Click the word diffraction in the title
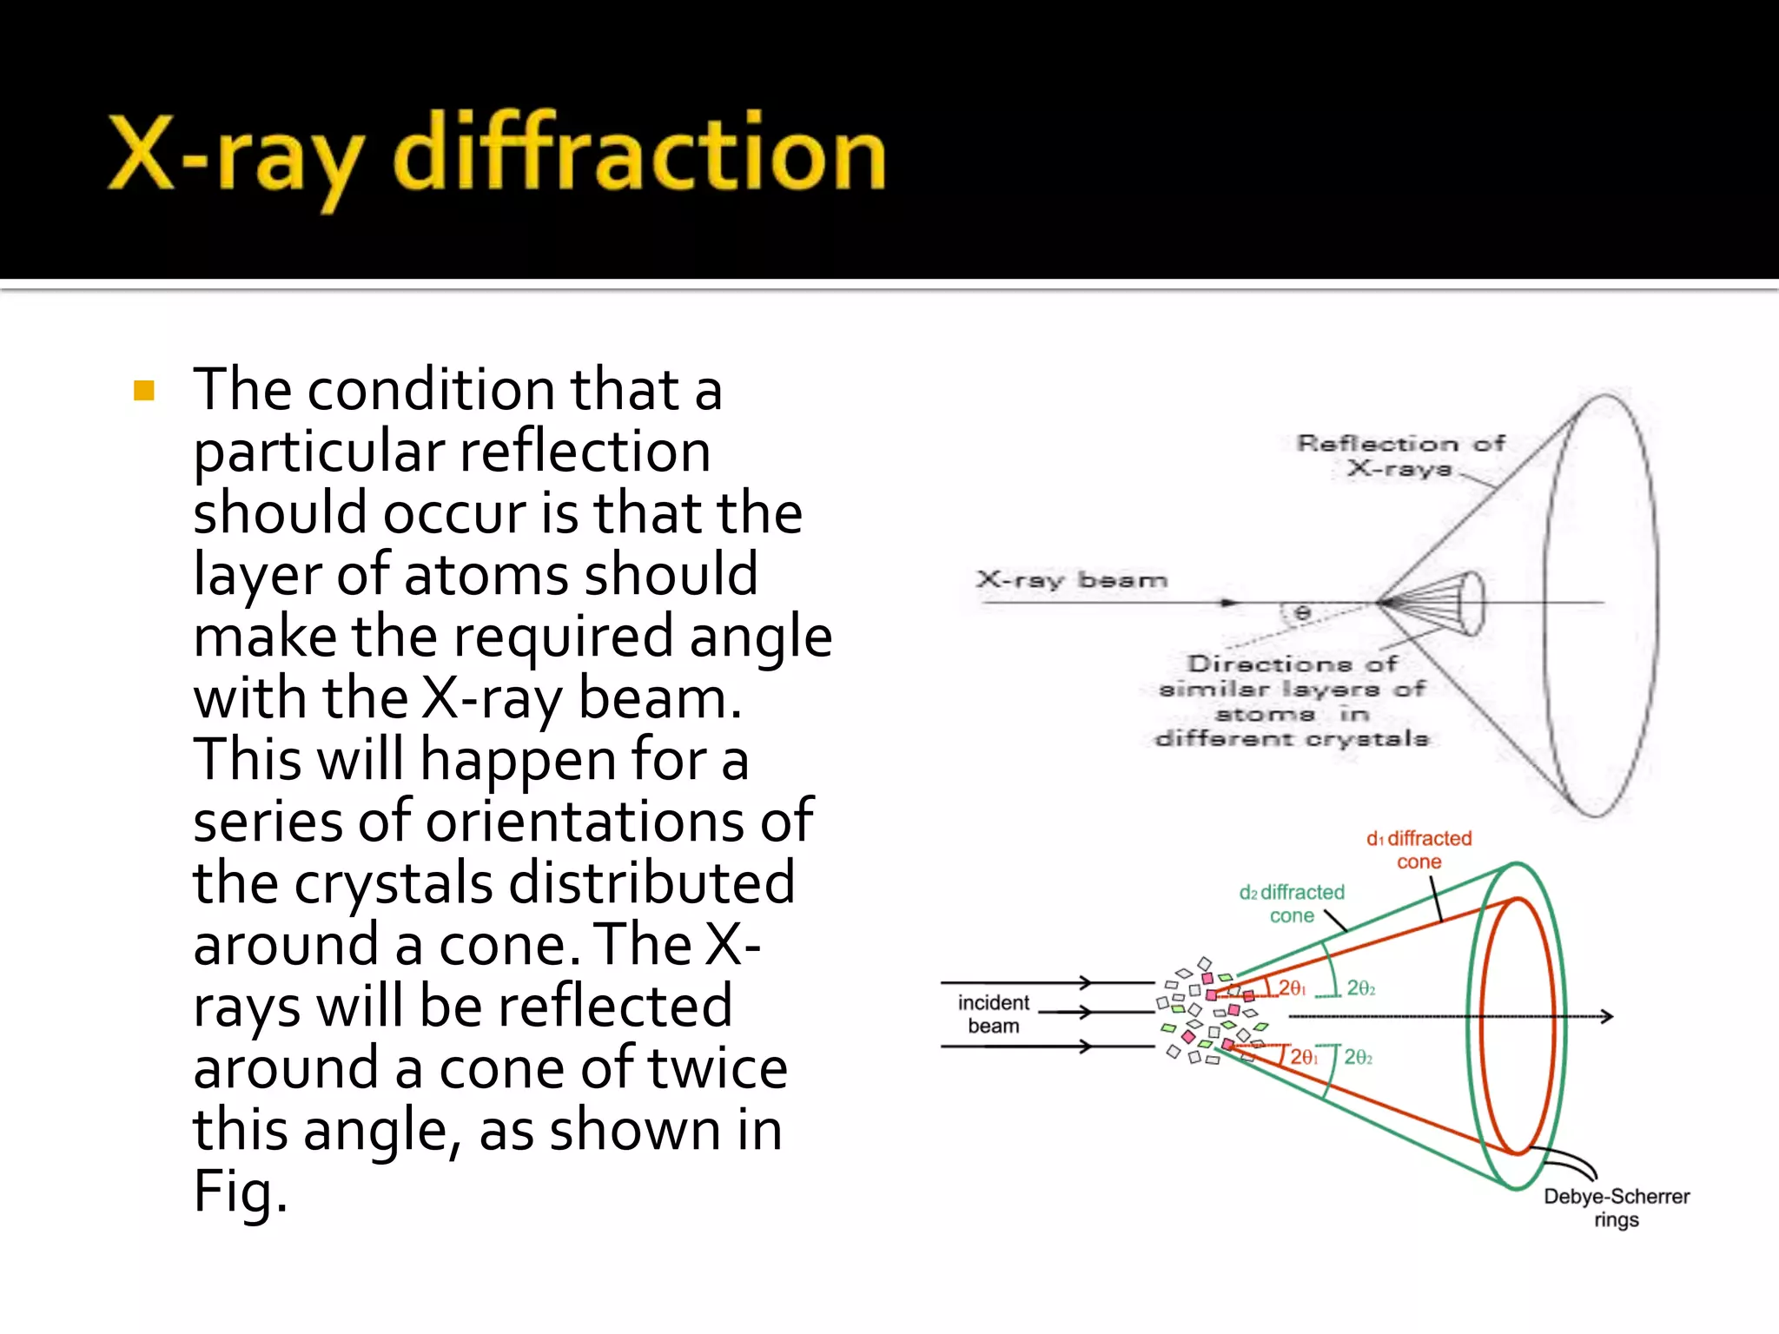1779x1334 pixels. coord(639,155)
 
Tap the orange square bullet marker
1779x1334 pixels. coord(144,391)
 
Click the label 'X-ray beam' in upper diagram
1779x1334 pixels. coord(1071,580)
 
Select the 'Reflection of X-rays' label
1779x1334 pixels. coord(1399,456)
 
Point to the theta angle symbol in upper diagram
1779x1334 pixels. coord(1302,613)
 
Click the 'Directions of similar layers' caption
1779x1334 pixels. coord(1292,701)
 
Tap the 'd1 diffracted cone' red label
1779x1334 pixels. coord(1419,849)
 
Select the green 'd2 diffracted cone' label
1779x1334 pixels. coord(1292,903)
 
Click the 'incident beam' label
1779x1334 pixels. coord(993,1014)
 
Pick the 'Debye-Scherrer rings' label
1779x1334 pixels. coord(1616,1207)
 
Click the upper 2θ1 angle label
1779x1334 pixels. coord(1292,988)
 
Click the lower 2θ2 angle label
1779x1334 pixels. coord(1359,1057)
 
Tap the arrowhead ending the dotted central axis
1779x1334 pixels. coord(1608,1016)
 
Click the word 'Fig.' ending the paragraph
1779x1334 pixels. coord(240,1192)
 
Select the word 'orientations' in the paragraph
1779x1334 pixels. coord(585,822)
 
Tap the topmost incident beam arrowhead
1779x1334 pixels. coord(1085,982)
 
